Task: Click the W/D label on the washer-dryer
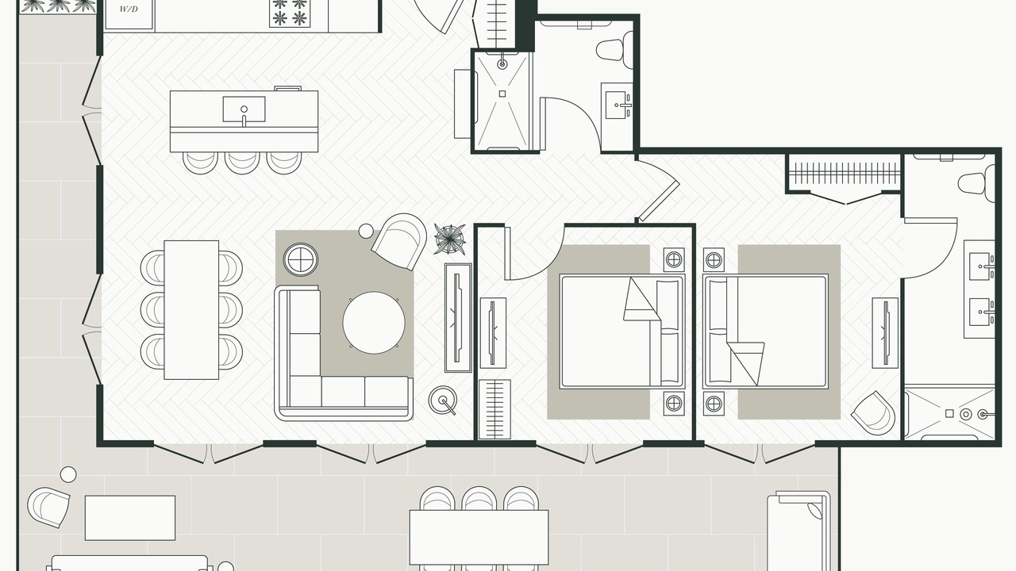coord(129,9)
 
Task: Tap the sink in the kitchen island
coord(244,109)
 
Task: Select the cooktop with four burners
coord(289,13)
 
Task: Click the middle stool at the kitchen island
coord(242,163)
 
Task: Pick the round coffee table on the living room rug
coord(374,323)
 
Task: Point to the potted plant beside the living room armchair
coord(449,239)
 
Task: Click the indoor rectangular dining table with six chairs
coord(191,310)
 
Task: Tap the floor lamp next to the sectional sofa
coord(443,400)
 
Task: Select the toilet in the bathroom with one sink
coord(615,50)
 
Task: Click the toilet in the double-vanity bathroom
coord(976,183)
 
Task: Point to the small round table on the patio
coord(68,474)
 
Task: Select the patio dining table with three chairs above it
coord(479,537)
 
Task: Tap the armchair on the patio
coord(48,507)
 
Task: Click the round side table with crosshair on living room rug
coord(300,260)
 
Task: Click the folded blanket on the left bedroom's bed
coord(642,301)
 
